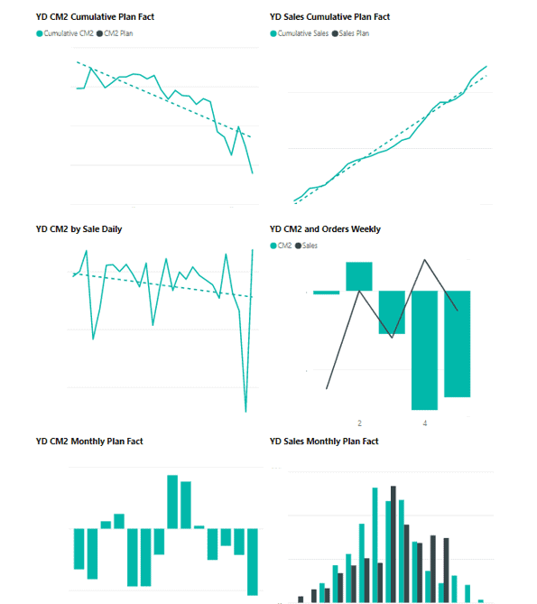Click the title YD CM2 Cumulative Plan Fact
click(x=95, y=17)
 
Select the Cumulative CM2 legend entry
click(x=65, y=33)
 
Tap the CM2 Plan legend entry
click(x=115, y=33)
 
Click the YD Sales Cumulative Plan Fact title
click(x=329, y=17)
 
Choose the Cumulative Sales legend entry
click(x=300, y=33)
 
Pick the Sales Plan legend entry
click(x=350, y=33)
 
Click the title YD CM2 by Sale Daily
click(x=79, y=229)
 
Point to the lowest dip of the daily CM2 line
click(x=246, y=412)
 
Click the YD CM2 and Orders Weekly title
click(x=325, y=229)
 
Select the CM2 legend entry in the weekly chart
click(x=281, y=246)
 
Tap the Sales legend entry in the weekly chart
click(x=307, y=246)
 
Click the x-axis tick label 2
click(x=359, y=423)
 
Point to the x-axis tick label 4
click(x=425, y=423)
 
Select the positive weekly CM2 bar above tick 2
click(x=359, y=276)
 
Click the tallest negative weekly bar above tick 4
click(x=424, y=350)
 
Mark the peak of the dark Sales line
click(x=424, y=260)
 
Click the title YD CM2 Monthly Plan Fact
click(x=89, y=441)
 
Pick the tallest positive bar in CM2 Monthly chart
click(x=172, y=502)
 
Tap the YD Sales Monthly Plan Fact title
click(x=324, y=441)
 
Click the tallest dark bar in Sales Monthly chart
click(x=393, y=544)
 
